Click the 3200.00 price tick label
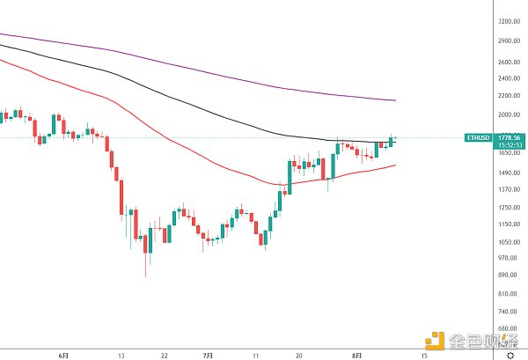(x=506, y=20)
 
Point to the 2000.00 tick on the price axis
(x=506, y=115)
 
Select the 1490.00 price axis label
(x=506, y=173)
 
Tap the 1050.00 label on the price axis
(x=506, y=241)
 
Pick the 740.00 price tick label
(x=506, y=311)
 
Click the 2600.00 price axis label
(x=506, y=62)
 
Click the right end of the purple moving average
(x=394, y=100)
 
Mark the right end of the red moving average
(x=394, y=165)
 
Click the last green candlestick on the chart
(x=391, y=140)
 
